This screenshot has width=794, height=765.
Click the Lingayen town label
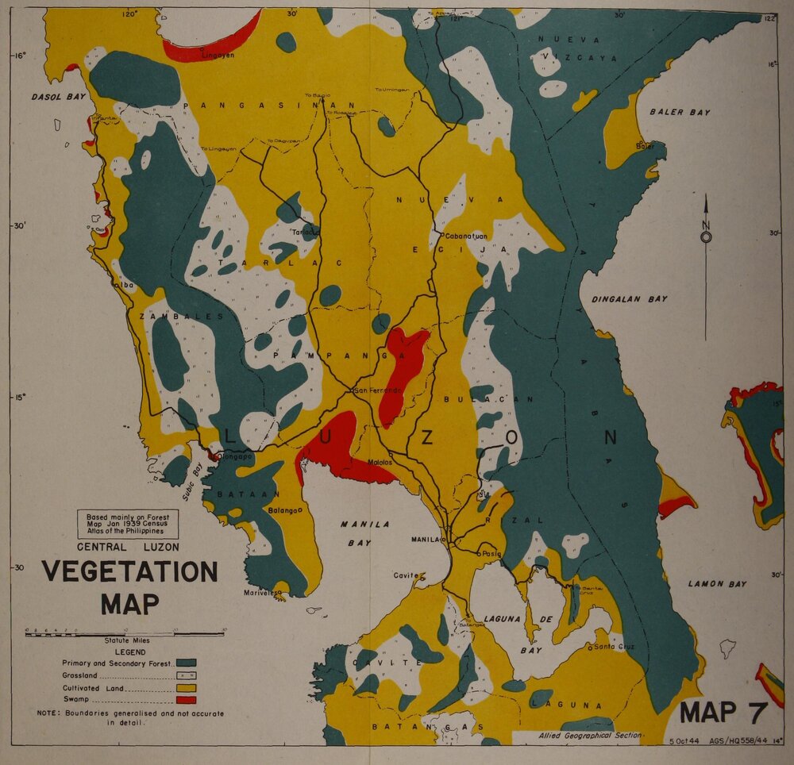[218, 56]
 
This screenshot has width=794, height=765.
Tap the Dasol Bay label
[58, 97]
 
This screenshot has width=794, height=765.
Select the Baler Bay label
[680, 113]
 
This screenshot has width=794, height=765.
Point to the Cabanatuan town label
[466, 236]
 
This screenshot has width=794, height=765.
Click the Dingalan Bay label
[628, 299]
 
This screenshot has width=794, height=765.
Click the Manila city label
[425, 540]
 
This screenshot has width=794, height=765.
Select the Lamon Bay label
[716, 584]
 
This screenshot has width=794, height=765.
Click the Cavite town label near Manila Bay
[406, 575]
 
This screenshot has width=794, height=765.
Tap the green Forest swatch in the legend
[186, 662]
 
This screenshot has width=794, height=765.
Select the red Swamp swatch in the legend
[186, 699]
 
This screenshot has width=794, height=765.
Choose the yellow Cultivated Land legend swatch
[186, 687]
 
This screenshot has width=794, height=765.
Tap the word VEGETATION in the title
[129, 571]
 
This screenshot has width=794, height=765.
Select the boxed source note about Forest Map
[127, 525]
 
